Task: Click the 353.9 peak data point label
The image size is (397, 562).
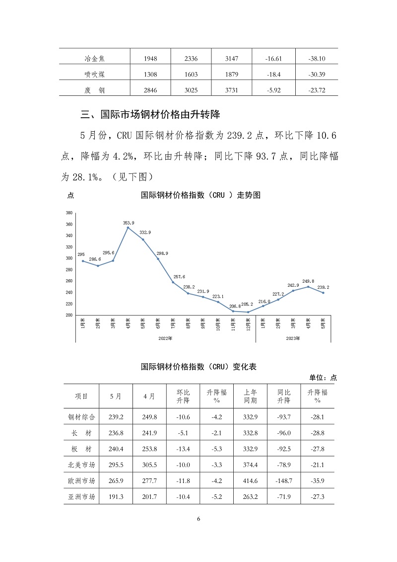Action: click(129, 223)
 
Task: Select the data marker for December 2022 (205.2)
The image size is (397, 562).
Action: click(248, 312)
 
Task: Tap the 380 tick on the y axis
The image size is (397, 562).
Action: click(69, 213)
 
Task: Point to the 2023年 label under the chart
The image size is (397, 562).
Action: click(293, 338)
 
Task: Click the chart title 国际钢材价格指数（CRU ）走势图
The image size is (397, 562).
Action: click(200, 195)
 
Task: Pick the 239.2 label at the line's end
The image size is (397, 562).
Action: click(324, 287)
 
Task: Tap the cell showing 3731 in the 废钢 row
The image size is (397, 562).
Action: click(232, 90)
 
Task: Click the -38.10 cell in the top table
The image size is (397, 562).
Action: click(317, 59)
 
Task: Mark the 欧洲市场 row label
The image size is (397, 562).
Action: click(81, 481)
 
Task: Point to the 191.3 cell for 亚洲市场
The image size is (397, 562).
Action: click(116, 496)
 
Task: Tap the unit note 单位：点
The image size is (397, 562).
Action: click(323, 378)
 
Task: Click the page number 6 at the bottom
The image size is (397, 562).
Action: click(198, 519)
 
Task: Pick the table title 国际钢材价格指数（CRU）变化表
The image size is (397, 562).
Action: click(198, 367)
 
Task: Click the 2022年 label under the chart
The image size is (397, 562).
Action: click(165, 338)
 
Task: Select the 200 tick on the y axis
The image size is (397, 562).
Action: click(69, 315)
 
